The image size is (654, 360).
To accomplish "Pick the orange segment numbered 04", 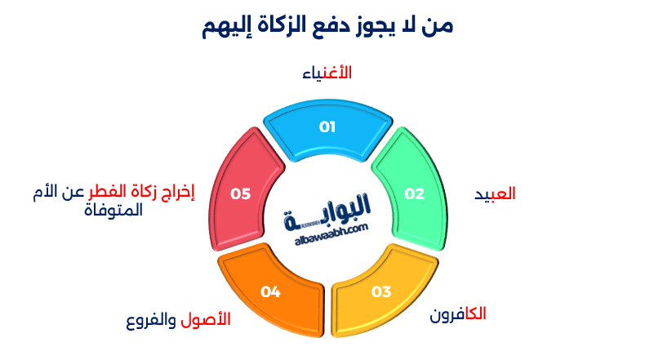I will coord(271,291).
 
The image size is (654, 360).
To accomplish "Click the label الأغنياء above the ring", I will coord(327,73).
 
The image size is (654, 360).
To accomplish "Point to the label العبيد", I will coord(495,194).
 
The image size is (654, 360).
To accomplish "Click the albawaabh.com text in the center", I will coord(327,231).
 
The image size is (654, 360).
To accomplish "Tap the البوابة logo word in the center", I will coord(327,208).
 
